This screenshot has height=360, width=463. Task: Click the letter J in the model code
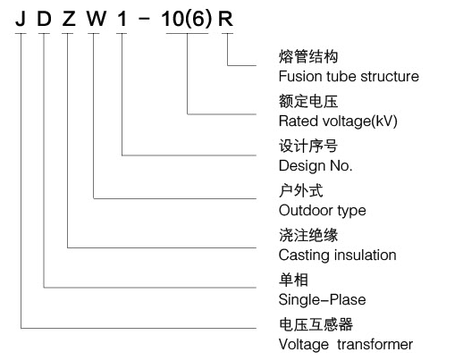point(21,19)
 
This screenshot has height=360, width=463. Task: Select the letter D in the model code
point(44,19)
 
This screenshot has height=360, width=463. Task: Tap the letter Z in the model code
point(69,19)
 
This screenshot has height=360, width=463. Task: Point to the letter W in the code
point(97,19)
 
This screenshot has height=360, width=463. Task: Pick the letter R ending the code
point(225,19)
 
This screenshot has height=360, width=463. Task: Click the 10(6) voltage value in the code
point(187,20)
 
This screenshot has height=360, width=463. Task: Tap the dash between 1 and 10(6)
point(144,19)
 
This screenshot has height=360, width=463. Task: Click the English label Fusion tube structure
point(349,76)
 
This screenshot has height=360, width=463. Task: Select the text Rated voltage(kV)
point(338,121)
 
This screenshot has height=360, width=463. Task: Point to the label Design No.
point(316,165)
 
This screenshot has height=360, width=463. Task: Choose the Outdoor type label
point(322,211)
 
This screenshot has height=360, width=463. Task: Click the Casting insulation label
point(337,255)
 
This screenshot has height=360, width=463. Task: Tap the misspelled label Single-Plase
point(322,300)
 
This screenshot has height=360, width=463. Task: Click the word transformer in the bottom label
point(375,345)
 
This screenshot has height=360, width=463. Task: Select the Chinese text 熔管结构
point(308,56)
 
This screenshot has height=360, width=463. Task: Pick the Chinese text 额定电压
point(308,101)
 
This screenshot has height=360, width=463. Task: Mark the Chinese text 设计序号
point(308,146)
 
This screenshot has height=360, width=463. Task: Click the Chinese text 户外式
point(301,190)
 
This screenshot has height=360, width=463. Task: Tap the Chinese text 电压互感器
point(316,324)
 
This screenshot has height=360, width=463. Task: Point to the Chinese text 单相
point(293,280)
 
